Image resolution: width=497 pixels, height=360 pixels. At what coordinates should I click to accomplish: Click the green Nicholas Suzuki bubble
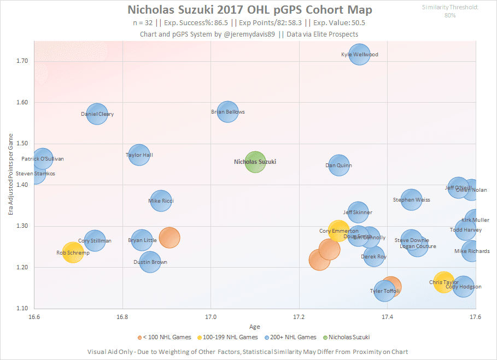coord(255,162)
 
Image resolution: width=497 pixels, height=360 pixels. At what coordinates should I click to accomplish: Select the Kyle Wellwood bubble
coord(359,55)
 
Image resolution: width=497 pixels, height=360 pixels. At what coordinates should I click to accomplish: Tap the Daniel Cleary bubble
coord(97,114)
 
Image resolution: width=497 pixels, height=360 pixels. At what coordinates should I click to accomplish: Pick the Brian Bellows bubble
coord(227,112)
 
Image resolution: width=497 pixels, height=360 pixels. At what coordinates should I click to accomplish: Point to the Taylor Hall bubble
coord(139,155)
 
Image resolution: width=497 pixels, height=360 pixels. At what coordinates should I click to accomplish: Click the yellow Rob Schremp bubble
coord(73,253)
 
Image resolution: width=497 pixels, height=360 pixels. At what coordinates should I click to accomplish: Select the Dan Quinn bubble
coord(339,166)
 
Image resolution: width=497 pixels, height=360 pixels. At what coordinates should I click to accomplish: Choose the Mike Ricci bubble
coord(161,201)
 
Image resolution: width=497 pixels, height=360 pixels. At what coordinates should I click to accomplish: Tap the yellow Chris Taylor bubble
coord(444,282)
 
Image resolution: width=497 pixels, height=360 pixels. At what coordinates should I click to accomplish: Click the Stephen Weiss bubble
coord(411,200)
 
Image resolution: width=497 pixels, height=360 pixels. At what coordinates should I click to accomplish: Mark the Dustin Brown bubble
coord(150,262)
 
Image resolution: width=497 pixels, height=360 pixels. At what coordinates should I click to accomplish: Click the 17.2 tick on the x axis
coord(299,317)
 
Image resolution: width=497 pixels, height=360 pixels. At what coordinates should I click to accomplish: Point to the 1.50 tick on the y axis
coord(22,144)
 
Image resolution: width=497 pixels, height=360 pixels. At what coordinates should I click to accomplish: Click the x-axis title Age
coord(255,327)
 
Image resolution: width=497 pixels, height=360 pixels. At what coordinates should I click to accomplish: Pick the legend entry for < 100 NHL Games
coord(166,337)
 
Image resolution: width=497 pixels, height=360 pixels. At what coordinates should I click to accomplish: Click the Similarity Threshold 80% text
coord(450,11)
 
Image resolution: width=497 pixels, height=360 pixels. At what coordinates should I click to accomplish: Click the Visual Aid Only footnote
coord(248,351)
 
